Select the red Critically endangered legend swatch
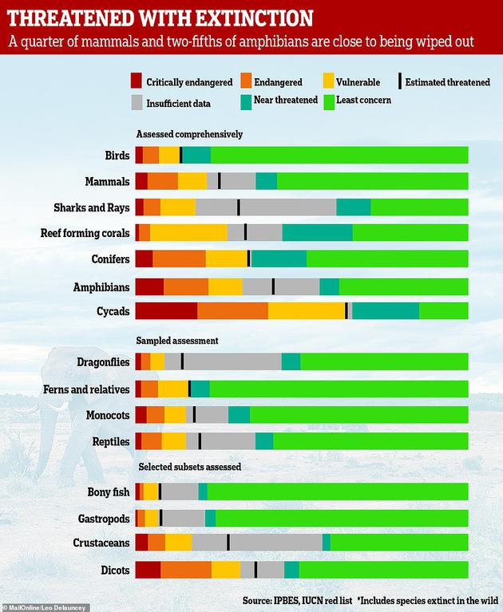137,81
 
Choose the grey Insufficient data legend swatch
137,102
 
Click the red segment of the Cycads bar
166,310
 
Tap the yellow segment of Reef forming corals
188,232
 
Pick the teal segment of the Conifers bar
279,259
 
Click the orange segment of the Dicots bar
186,570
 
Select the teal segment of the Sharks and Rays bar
354,207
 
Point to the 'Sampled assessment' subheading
177,341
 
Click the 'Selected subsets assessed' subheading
189,466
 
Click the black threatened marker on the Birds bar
180,155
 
